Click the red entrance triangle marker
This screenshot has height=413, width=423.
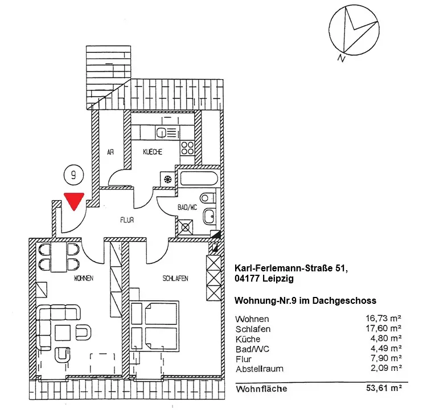74,200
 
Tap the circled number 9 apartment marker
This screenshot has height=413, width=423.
73,175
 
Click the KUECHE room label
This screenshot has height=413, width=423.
153,152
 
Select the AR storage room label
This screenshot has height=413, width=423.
112,152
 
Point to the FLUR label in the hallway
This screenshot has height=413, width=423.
126,220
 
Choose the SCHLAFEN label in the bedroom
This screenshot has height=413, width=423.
175,278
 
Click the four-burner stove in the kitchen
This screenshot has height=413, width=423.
188,147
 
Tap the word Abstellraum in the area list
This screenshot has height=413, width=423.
259,369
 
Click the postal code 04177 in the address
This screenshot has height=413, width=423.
248,278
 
